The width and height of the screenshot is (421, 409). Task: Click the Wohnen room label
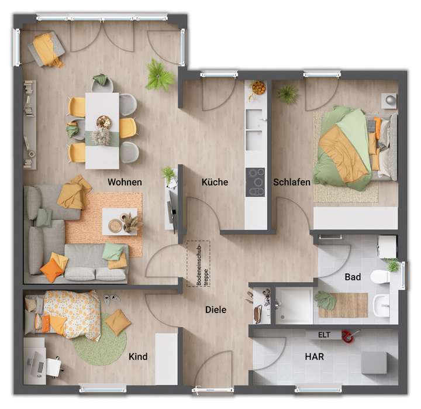click(x=125, y=182)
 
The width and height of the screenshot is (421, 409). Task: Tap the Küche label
click(x=215, y=182)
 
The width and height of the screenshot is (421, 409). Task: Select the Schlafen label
click(x=292, y=182)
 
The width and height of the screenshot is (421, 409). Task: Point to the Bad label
click(x=353, y=277)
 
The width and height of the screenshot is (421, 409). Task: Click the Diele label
click(x=215, y=310)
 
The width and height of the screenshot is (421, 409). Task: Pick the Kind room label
click(x=137, y=356)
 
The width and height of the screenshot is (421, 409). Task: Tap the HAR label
click(x=314, y=356)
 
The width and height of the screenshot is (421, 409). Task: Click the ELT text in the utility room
click(x=324, y=335)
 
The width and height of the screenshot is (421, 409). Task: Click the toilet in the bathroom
click(x=381, y=276)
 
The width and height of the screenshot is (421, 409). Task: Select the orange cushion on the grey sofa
click(x=51, y=270)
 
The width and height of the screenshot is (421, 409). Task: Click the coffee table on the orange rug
click(x=120, y=221)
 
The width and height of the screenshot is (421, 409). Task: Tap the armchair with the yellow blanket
click(x=46, y=49)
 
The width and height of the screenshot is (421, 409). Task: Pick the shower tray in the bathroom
click(x=294, y=305)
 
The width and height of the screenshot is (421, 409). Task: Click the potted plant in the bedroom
click(x=287, y=94)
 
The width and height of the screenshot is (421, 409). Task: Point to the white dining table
click(x=102, y=130)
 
